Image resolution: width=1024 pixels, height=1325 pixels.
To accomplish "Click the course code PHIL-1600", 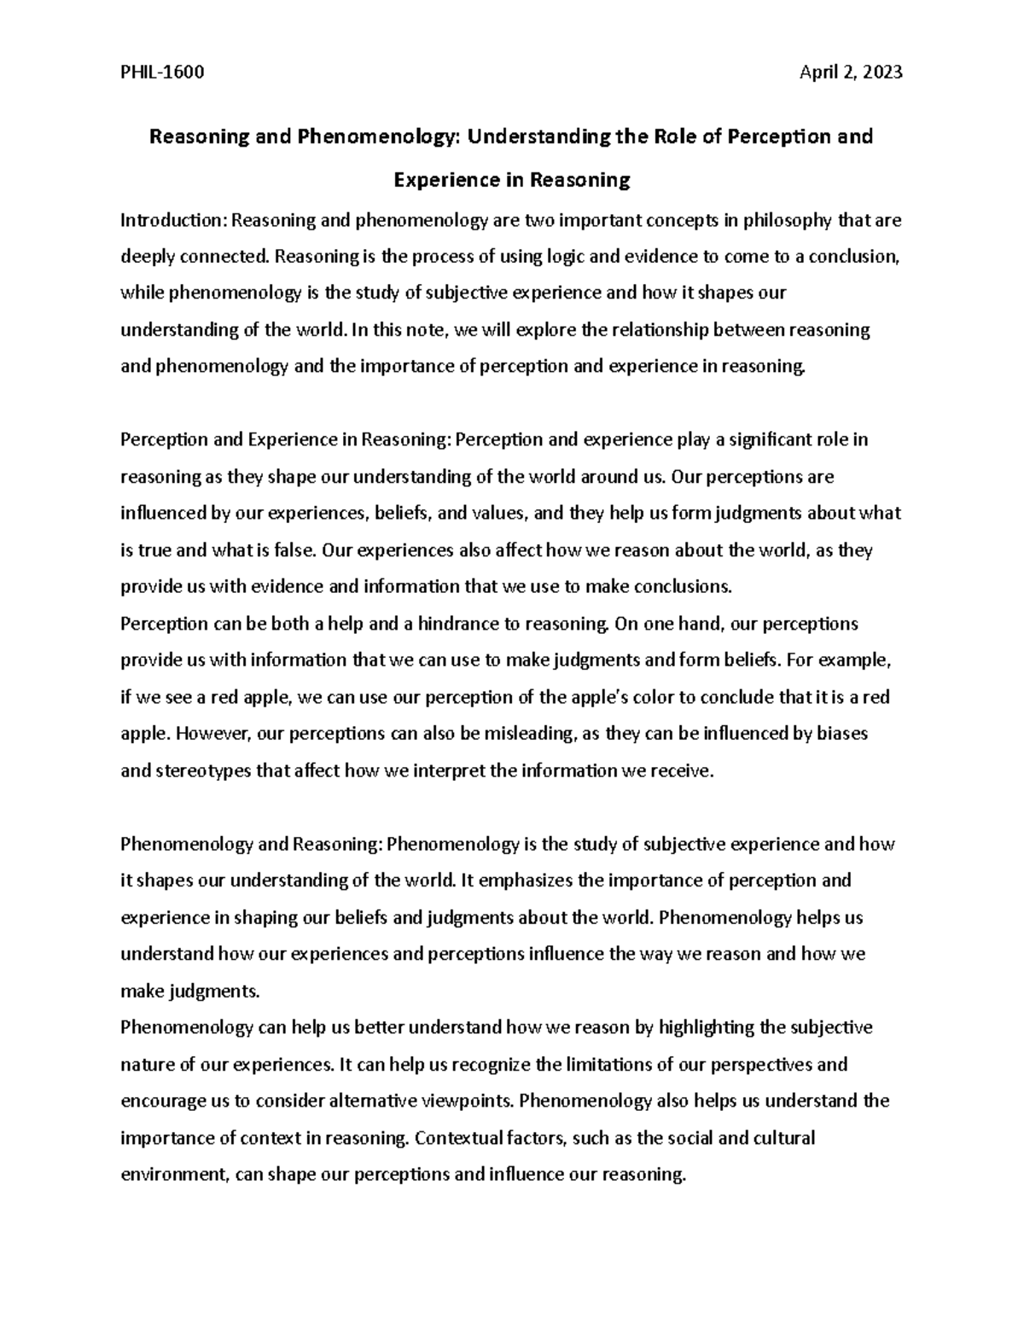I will [x=162, y=73].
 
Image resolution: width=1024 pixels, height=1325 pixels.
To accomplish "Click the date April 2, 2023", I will [x=850, y=73].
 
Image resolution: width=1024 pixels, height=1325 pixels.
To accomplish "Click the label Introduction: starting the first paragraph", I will [x=174, y=221].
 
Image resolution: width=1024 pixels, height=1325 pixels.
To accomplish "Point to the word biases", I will [x=842, y=734].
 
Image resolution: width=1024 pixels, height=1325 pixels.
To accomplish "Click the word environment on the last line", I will [x=174, y=1174].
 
